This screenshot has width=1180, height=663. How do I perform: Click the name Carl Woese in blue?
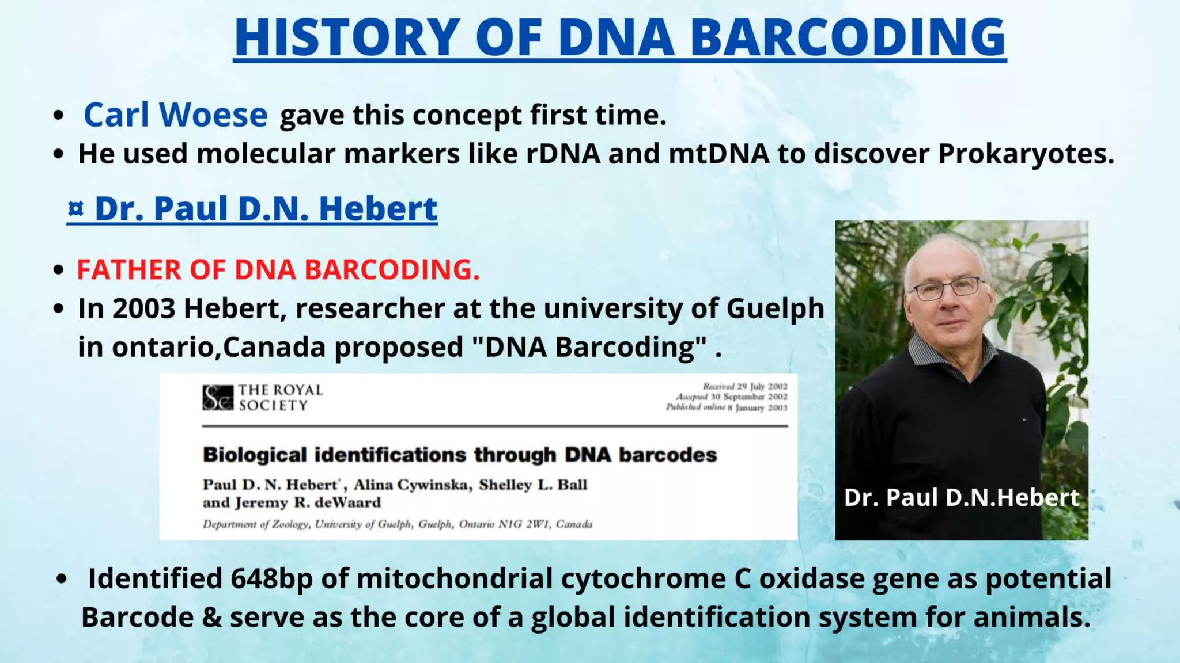[x=175, y=115]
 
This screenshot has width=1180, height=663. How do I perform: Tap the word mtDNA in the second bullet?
[x=718, y=154]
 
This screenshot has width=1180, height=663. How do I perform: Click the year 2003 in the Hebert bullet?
[x=143, y=308]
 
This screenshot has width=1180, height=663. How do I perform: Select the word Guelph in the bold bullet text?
[x=775, y=308]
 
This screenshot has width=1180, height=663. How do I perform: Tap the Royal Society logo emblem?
[x=218, y=398]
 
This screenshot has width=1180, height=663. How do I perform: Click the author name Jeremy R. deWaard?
[x=308, y=502]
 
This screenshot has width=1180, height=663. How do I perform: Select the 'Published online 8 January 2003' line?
[x=726, y=407]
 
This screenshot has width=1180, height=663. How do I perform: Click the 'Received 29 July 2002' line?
[x=744, y=386]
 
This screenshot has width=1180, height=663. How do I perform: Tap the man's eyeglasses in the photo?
[x=947, y=288]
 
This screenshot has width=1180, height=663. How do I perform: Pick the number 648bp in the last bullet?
[x=271, y=579]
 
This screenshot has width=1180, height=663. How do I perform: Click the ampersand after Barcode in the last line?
[x=211, y=618]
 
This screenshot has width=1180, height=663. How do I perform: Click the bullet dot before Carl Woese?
[x=58, y=116]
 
